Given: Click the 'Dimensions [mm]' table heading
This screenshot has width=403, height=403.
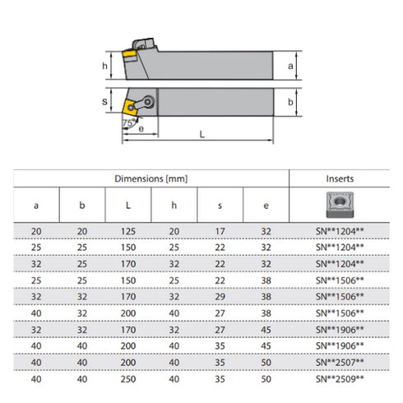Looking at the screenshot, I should coord(151,178).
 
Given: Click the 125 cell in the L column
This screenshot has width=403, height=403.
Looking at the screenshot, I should coord(128,232).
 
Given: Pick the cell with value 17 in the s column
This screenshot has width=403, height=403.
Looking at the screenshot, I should coord(220,232).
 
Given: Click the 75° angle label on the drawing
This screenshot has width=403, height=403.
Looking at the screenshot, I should coord(128,122).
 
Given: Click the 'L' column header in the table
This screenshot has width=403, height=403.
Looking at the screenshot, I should coord(128,204).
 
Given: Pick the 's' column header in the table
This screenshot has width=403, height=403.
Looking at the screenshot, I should coord(220,204).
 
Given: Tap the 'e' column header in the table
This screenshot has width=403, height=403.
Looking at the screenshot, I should coord(265,204).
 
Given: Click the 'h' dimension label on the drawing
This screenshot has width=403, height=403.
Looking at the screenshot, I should coord(105,66).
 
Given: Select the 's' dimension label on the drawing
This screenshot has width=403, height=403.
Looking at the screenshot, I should coord(105,102).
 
